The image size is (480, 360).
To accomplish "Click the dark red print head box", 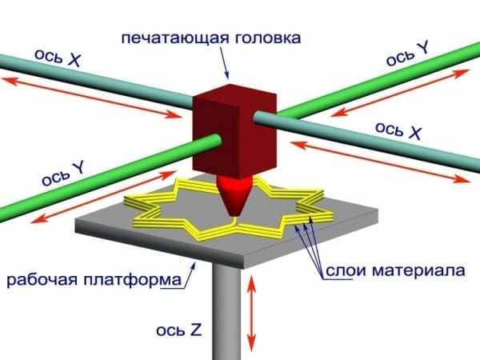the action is coord(234,131).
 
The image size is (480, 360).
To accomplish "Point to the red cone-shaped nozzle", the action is coord(234,194).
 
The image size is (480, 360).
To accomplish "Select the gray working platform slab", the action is coord(226,221).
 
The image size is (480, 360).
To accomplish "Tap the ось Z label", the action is coord(179,330).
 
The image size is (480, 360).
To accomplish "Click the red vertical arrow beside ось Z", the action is coord(251,313).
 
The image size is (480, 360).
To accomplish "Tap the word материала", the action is coord(418,270).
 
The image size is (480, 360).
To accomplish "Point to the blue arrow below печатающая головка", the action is coord(224,63).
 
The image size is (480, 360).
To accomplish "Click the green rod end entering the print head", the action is coord(216,141).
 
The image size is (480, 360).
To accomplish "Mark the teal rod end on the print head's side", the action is coord(258,118).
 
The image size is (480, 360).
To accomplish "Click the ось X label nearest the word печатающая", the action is coord(58,58).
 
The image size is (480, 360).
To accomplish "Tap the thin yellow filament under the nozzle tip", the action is coord(235,220).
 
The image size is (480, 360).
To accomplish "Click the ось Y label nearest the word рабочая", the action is coord(63,174).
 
